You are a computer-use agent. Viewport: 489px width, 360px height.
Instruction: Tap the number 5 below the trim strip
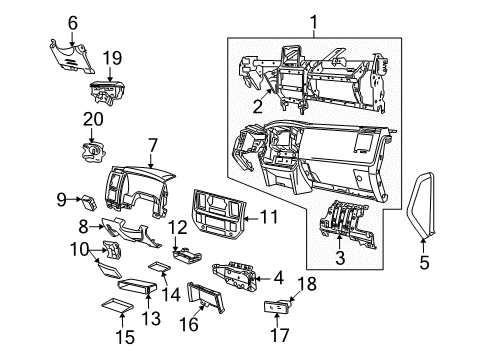click(422, 264)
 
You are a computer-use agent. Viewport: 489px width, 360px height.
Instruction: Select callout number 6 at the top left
click(72, 22)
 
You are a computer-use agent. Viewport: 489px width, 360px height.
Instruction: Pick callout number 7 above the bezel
click(153, 147)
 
